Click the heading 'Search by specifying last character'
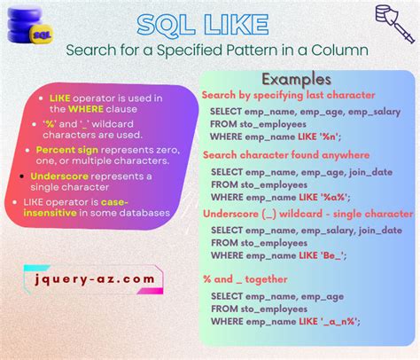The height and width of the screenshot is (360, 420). pos(288,95)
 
